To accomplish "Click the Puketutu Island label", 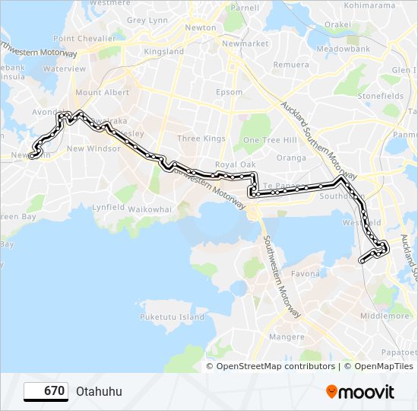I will [173, 316].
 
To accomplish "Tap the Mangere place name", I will [287, 336].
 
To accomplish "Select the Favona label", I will [306, 273].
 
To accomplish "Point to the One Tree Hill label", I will [269, 140].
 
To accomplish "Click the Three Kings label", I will [201, 139].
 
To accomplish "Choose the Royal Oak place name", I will [235, 164].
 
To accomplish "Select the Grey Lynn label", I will [147, 21].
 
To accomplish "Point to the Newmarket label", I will [245, 44].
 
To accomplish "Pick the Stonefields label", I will [381, 97].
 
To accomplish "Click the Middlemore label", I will [385, 316].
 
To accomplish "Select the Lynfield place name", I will [108, 207].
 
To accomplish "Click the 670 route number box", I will [46, 391].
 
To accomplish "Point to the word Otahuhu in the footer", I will [99, 392].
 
